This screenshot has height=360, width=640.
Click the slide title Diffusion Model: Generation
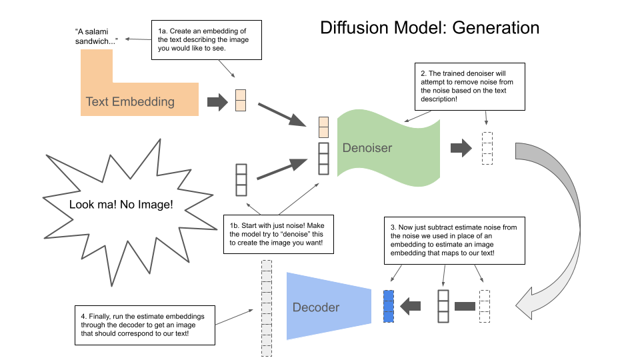point(429,28)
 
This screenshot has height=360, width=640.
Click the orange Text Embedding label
point(130,101)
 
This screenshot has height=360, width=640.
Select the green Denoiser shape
point(390,147)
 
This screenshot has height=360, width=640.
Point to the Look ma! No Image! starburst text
point(121,204)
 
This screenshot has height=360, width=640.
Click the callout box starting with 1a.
point(206,40)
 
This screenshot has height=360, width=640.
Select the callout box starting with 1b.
point(277,234)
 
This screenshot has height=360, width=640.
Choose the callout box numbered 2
point(471,87)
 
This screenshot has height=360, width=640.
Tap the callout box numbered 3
point(453,239)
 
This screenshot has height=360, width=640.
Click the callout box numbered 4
point(145,325)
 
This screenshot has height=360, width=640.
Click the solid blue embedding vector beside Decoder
point(389,306)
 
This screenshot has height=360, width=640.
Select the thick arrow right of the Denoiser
point(461,147)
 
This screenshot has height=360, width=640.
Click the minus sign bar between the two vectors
point(465,306)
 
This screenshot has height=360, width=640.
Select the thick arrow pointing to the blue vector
point(411,306)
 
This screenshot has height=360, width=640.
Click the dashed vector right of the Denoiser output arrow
point(487,147)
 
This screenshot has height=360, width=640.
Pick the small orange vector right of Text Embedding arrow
point(241,99)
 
